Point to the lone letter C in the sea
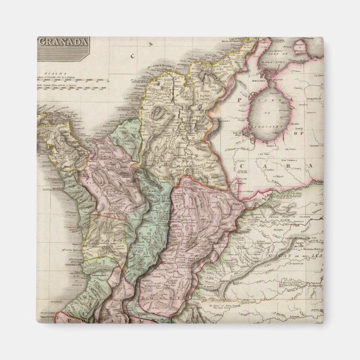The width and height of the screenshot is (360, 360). (x=133, y=56)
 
